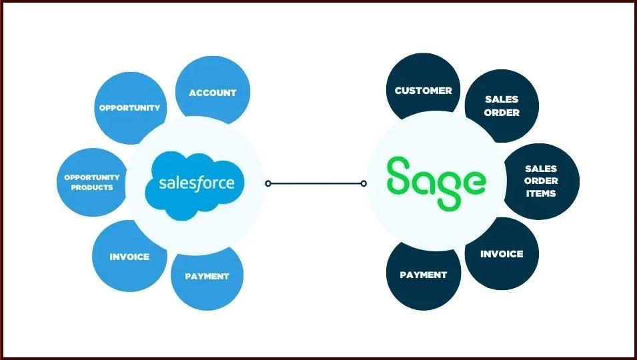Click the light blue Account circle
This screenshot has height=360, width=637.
coord(212,92)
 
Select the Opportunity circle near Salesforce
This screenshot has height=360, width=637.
coord(129,107)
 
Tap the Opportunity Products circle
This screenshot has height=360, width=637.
coord(91,182)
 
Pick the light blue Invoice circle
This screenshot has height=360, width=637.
coord(129,257)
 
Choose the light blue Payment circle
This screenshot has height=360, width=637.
coord(207,276)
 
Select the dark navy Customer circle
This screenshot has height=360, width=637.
coord(423,90)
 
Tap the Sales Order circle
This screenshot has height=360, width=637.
coord(502,106)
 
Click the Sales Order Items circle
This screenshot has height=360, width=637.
coord(541,181)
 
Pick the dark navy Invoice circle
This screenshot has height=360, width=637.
coord(502,254)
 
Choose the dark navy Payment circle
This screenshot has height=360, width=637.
coord(423,274)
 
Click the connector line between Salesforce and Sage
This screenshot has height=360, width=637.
coord(315,183)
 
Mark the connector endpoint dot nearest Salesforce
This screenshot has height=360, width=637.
coord(267,183)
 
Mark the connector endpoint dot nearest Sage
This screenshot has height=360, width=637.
coord(364,183)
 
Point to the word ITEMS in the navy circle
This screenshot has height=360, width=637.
coord(541,193)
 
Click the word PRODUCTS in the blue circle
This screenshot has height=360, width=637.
coord(92,187)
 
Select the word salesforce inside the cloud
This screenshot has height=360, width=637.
coord(196,181)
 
